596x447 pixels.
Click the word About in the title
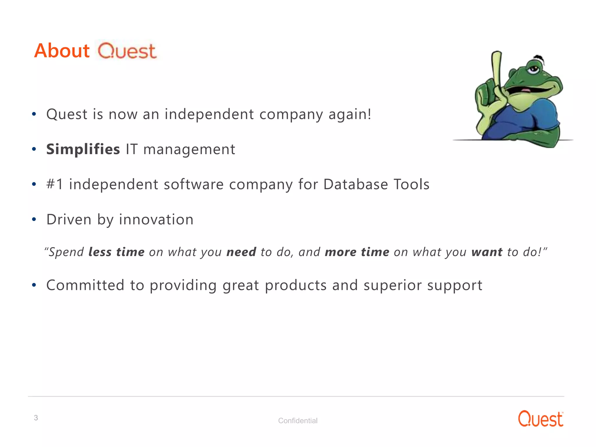coord(62,51)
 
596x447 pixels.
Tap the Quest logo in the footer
coord(540,419)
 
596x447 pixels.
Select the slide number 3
coord(36,418)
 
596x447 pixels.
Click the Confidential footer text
coord(298,421)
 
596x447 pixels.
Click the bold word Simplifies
coord(83,149)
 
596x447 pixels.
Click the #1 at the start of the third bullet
coord(54,185)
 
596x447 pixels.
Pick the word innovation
coord(156,219)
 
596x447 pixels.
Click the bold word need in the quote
coord(241,252)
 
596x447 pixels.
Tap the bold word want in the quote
coord(487,252)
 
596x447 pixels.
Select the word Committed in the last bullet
coord(85,285)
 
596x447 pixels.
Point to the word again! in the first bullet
coord(350,114)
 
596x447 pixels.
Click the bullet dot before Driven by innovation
coord(34,219)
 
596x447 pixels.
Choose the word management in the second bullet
coord(189,150)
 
